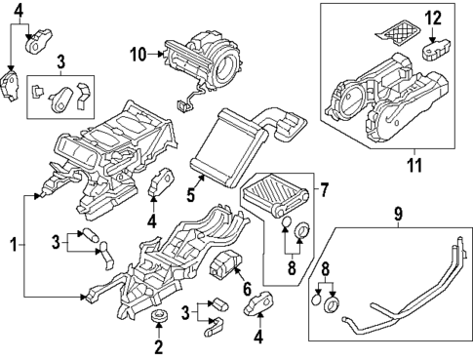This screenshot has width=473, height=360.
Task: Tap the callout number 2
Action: (x=158, y=345)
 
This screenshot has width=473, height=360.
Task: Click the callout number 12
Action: (x=433, y=17)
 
